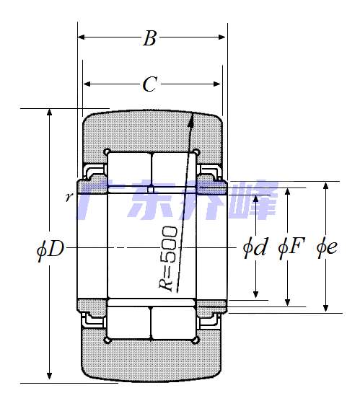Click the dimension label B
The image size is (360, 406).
pyautogui.click(x=149, y=39)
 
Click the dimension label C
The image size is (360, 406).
pyautogui.click(x=149, y=85)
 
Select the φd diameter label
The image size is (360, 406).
pyautogui.click(x=255, y=248)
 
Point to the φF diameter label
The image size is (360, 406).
pyautogui.click(x=291, y=248)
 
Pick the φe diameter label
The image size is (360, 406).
pyautogui.click(x=327, y=248)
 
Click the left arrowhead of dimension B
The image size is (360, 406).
pyautogui.click(x=81, y=37)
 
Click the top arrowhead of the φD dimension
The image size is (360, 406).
pyautogui.click(x=50, y=113)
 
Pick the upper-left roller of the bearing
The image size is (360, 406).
pyautogui.click(x=128, y=169)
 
